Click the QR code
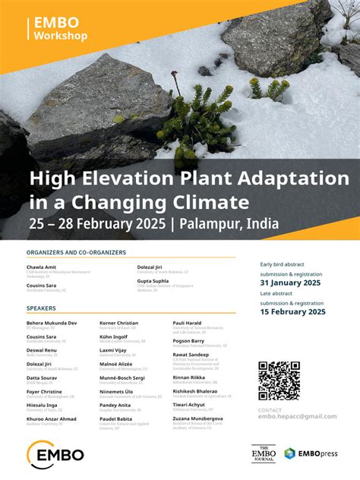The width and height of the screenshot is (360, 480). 279,380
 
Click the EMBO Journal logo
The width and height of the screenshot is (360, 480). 263,453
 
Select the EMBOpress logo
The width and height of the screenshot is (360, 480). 311,453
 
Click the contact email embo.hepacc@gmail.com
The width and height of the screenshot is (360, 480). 297,416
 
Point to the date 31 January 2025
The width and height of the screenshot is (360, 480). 291,283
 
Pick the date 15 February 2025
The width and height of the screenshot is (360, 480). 292,311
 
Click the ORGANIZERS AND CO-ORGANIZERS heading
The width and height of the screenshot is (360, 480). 76,252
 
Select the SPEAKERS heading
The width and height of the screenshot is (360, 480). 41,308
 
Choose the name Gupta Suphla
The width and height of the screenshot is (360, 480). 153,280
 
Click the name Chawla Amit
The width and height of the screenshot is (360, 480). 41,267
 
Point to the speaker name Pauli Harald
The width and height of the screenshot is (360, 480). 188,323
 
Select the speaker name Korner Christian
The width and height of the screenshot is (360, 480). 119,323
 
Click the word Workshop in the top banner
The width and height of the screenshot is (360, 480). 61,36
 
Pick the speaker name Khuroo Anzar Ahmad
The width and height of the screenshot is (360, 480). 51,418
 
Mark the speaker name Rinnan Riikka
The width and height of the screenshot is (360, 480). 190,377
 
